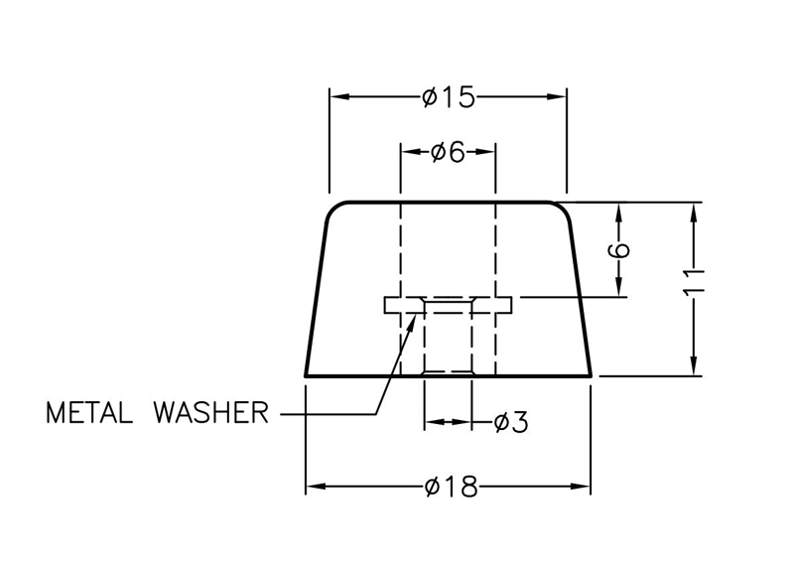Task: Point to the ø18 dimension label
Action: click(450, 487)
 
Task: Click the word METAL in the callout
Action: click(90, 411)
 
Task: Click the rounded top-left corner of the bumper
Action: click(335, 208)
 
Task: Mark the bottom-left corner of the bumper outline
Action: click(306, 375)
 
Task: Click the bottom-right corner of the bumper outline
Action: click(593, 375)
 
